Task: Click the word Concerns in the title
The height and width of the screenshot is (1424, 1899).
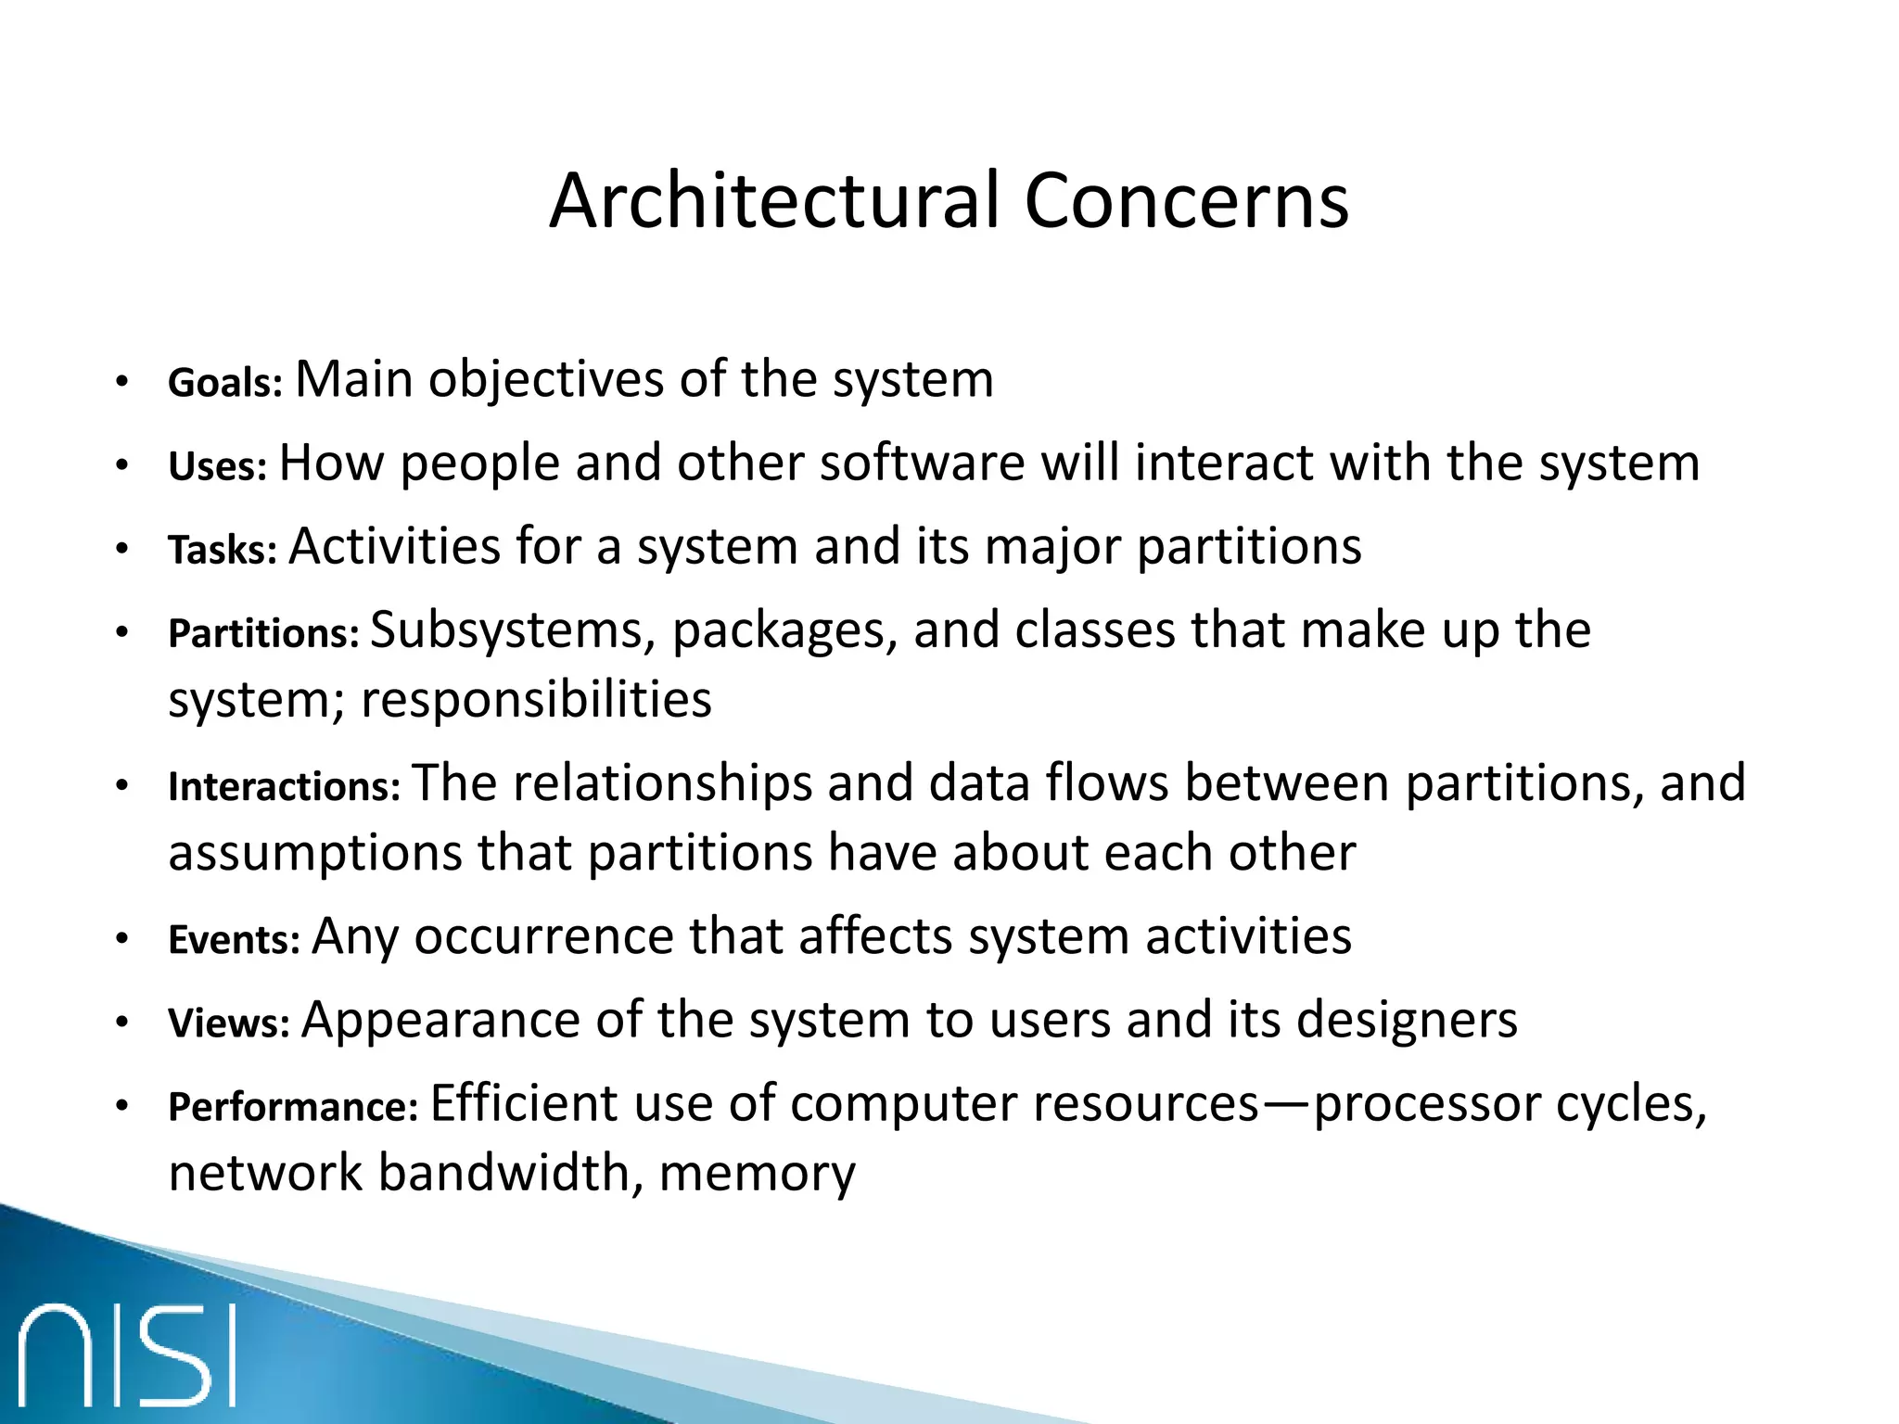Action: (1186, 201)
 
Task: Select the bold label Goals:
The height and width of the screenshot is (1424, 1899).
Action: (224, 383)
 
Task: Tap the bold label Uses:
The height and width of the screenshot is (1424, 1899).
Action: (217, 466)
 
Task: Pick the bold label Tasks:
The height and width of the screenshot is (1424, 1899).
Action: (223, 550)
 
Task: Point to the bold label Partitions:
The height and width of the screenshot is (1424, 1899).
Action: (263, 634)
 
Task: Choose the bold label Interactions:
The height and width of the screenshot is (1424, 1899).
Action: (284, 787)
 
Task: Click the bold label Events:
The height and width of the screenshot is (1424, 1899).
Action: (234, 940)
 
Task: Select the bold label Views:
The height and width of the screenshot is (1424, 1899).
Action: (229, 1023)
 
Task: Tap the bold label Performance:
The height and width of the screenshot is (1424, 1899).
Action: (293, 1107)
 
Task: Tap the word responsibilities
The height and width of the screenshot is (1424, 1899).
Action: (536, 699)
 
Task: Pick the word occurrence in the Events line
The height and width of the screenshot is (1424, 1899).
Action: (542, 936)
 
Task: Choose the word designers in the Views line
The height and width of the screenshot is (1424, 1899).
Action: (1406, 1021)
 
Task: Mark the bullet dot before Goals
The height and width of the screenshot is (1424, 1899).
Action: (121, 383)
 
